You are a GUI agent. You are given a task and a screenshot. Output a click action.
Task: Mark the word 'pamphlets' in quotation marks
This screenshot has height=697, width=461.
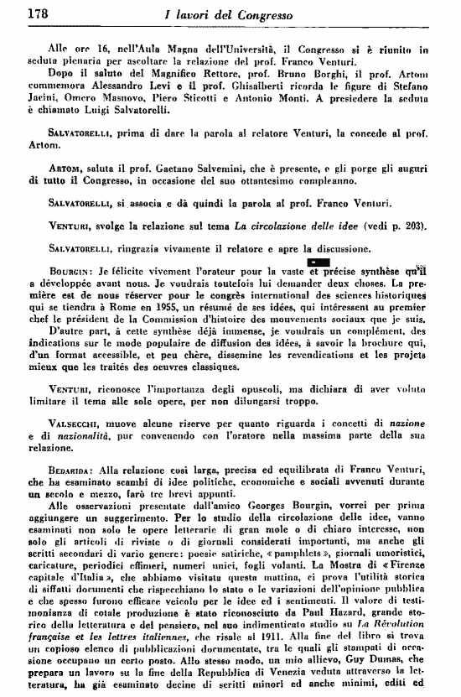(x=267, y=555)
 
